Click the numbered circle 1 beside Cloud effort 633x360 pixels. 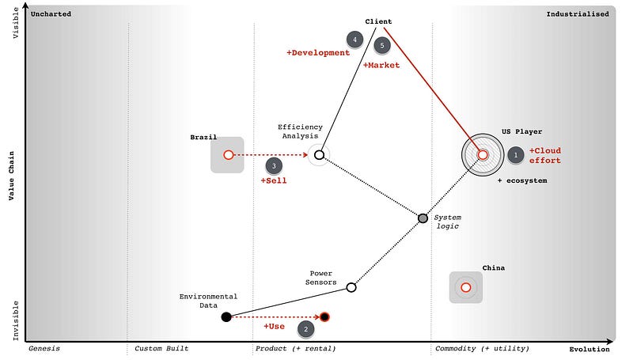(515, 155)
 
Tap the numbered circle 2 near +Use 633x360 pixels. (306, 328)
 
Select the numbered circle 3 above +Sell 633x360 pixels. (274, 166)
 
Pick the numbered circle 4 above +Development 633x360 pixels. (355, 39)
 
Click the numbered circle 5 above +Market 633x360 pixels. (382, 46)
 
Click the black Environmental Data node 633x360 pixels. (226, 316)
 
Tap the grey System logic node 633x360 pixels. (423, 218)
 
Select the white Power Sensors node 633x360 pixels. (351, 287)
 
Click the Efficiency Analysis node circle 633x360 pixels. (319, 154)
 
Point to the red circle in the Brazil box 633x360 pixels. (228, 155)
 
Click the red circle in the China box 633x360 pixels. (466, 287)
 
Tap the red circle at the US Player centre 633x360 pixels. (483, 155)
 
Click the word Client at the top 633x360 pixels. (378, 21)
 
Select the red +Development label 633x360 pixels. (318, 53)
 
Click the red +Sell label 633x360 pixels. (274, 180)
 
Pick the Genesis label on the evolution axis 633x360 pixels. (44, 349)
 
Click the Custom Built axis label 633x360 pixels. (162, 349)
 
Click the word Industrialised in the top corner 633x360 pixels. (578, 13)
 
